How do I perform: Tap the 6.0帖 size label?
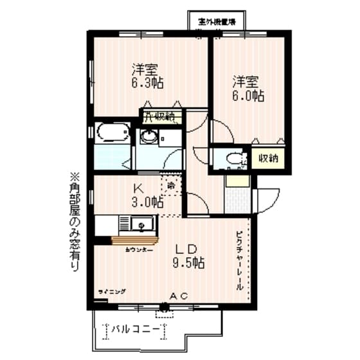pyautogui.click(x=248, y=96)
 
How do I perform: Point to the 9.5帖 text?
pyautogui.click(x=190, y=263)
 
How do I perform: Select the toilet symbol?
pyautogui.click(x=234, y=157)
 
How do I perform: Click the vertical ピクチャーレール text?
pyautogui.click(x=239, y=260)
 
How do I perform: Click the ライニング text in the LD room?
pyautogui.click(x=111, y=292)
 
